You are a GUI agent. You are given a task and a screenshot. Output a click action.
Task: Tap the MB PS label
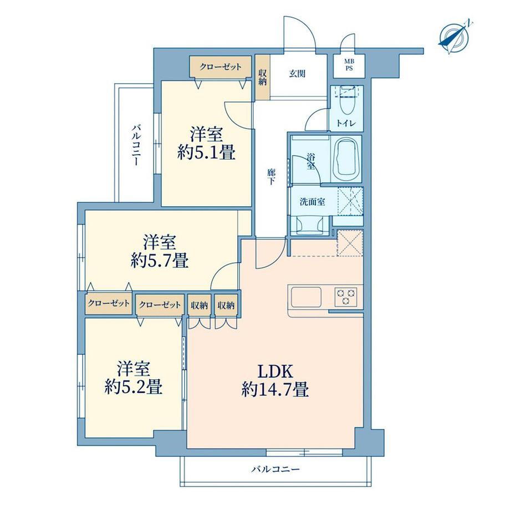[349, 65]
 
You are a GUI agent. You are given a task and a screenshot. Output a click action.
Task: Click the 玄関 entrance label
[298, 74]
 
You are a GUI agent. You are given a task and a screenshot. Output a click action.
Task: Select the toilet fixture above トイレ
[346, 100]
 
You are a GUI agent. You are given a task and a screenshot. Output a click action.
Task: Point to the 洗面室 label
[312, 202]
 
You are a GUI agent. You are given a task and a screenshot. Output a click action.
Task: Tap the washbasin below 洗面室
[310, 225]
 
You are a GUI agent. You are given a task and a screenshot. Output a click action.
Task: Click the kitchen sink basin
[306, 297]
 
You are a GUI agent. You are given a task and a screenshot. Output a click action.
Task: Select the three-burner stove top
[346, 297]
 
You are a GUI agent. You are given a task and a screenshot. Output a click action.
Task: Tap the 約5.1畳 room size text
[206, 152]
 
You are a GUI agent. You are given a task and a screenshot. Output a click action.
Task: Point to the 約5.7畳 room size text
[160, 260]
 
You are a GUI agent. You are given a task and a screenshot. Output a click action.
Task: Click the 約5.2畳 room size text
[134, 387]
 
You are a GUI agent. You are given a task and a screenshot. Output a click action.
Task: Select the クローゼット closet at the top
[221, 67]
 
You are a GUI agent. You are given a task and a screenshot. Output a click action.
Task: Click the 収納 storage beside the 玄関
[262, 77]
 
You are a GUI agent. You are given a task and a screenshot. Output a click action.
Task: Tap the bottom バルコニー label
[276, 470]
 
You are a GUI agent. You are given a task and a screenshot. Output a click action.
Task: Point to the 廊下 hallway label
[271, 177]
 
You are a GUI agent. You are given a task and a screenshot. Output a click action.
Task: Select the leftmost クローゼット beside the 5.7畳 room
[109, 304]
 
